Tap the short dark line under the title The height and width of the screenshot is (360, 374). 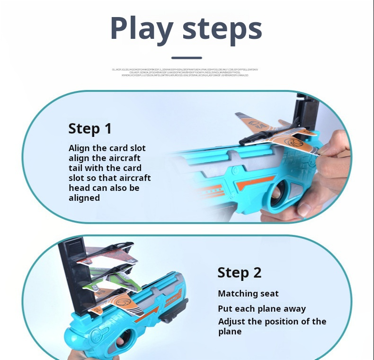tap(187, 57)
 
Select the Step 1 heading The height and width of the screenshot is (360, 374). tap(90, 128)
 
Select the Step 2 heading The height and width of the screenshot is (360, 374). tap(239, 272)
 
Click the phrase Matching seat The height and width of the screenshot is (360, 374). tap(248, 294)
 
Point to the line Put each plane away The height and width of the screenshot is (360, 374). tap(262, 308)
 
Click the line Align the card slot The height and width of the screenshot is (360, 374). tap(107, 148)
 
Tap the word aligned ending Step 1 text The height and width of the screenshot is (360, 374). tap(84, 198)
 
